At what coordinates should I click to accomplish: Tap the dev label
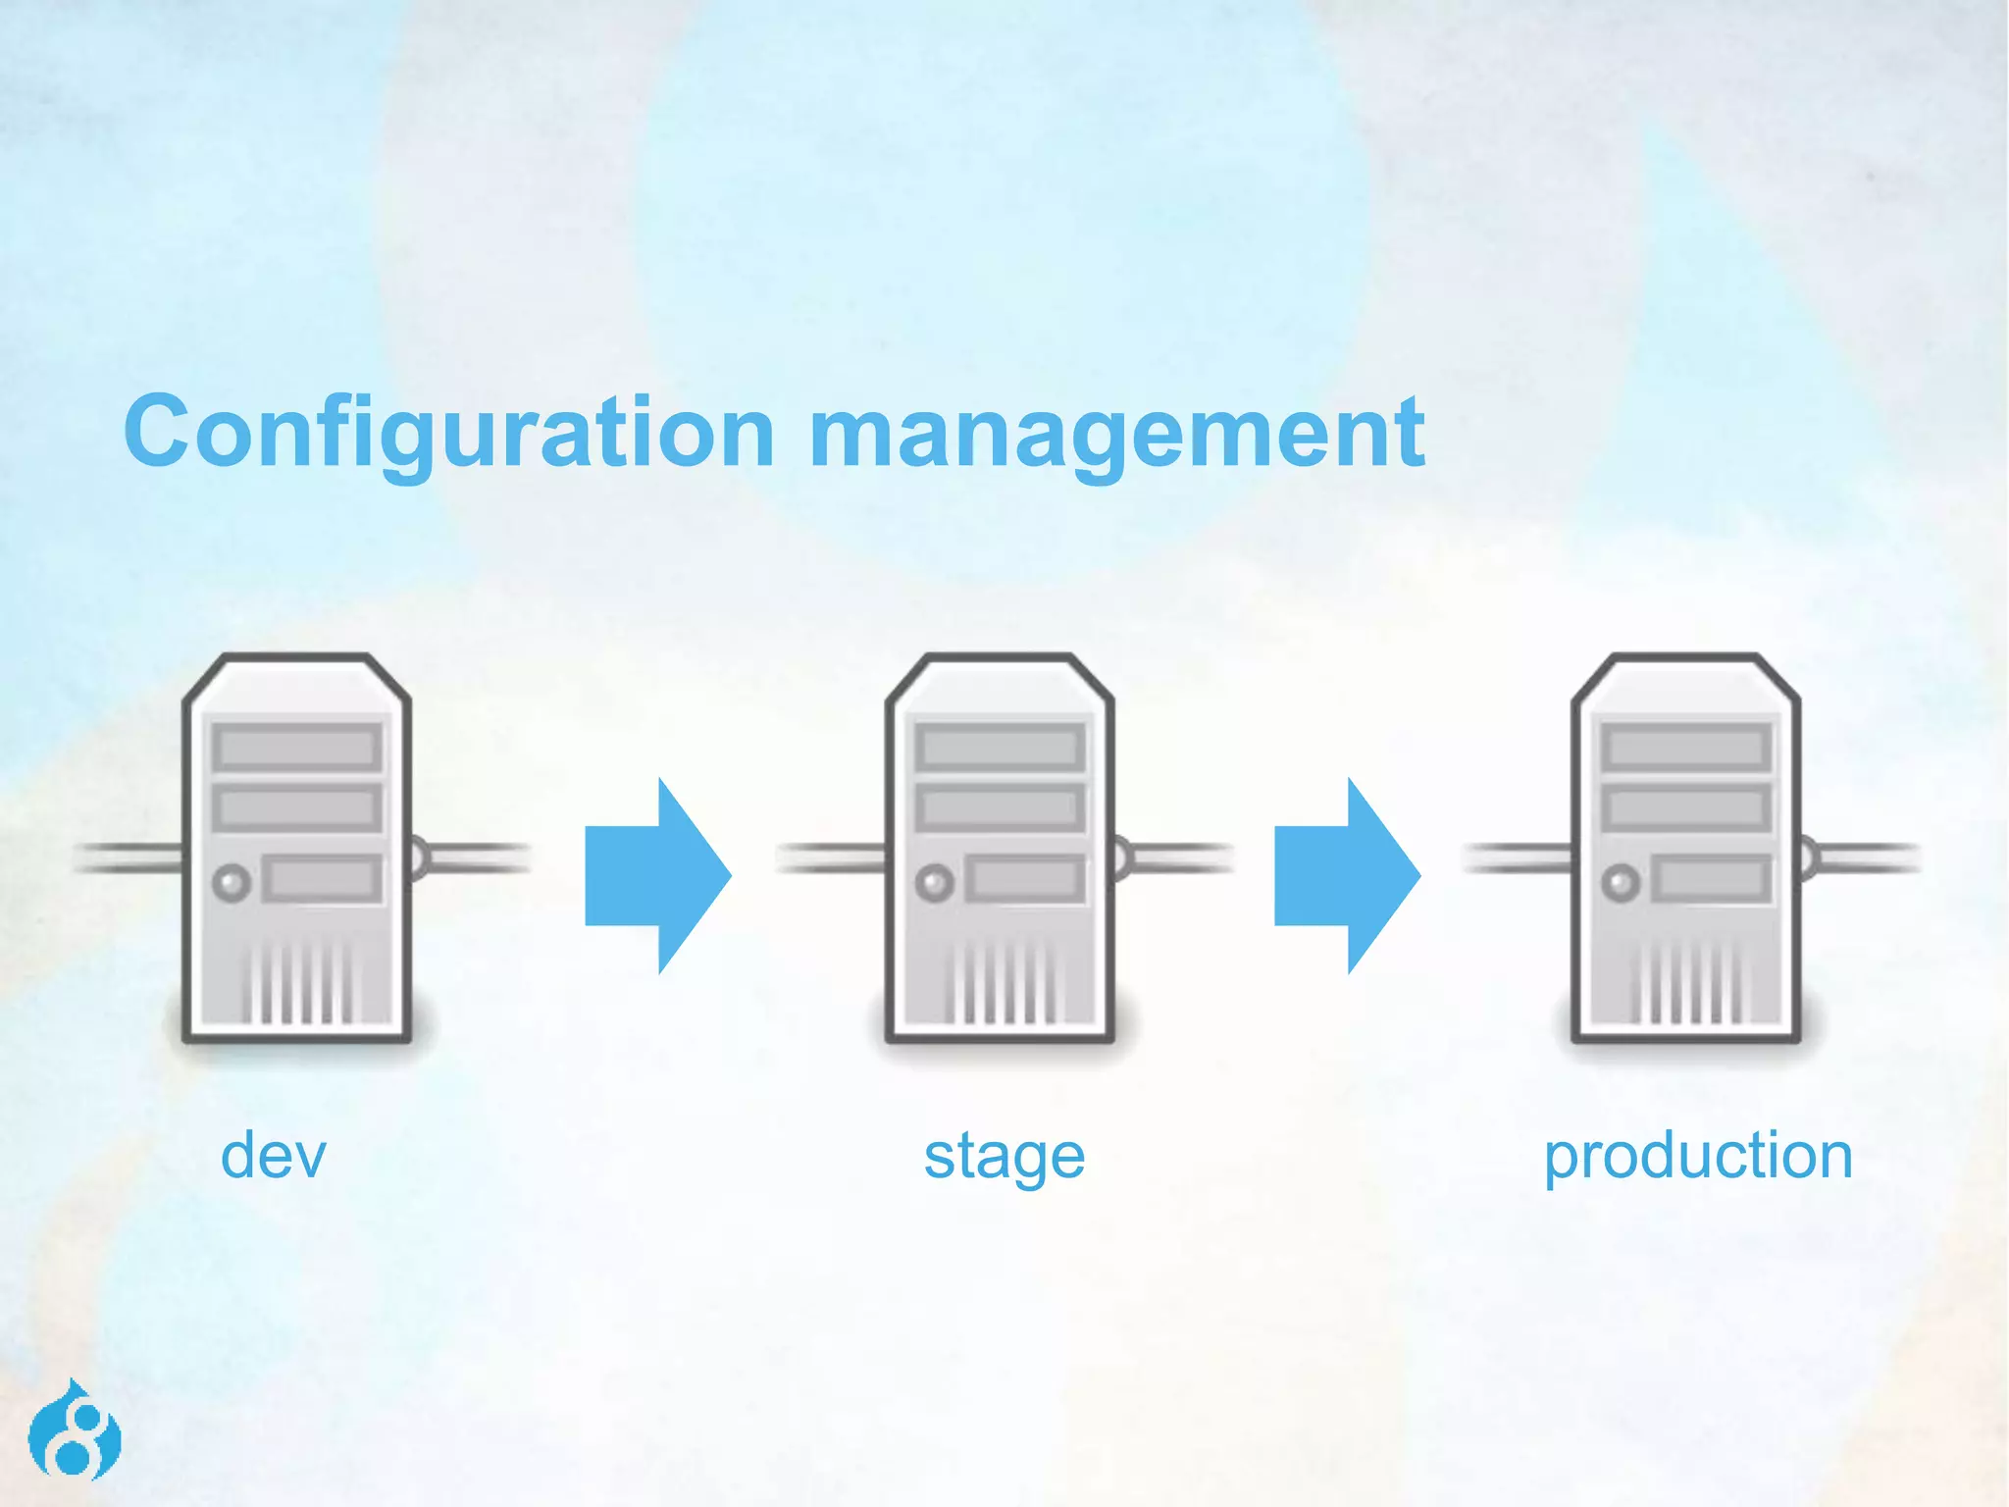[x=273, y=1155]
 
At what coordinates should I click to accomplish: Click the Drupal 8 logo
[x=75, y=1430]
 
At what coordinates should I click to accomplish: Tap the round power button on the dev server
[x=232, y=882]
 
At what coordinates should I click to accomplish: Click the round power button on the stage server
[x=934, y=882]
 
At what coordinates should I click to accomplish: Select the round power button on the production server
[x=1621, y=882]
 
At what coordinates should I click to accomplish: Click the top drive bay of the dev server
[x=296, y=749]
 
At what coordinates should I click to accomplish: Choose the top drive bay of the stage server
[x=1000, y=749]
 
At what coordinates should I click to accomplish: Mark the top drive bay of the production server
[x=1686, y=749]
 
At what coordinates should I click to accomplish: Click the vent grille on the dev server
[x=298, y=981]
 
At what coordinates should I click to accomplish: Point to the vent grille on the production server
[x=1687, y=981]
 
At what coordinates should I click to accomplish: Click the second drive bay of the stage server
[x=1000, y=808]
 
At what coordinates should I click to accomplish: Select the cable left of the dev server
[x=128, y=857]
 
